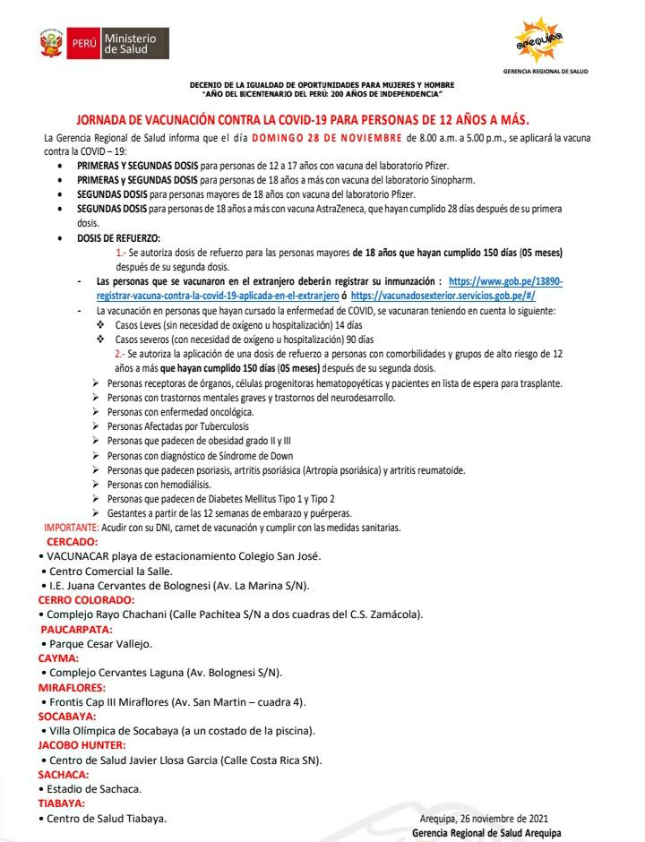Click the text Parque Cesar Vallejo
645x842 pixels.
tap(101, 643)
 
